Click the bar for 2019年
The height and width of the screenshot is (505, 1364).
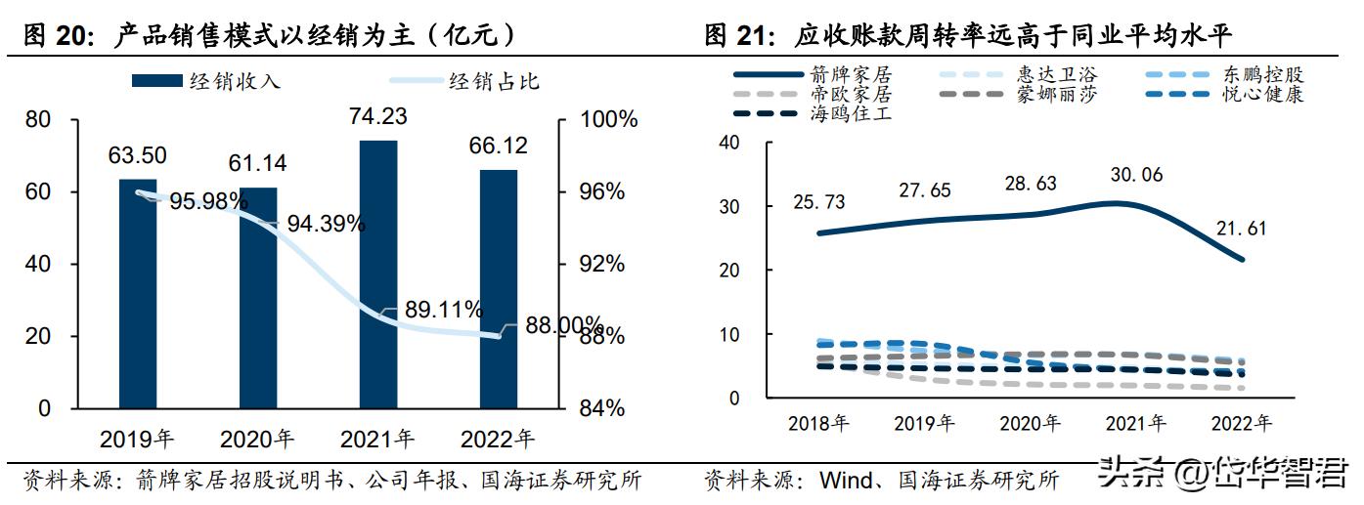point(138,293)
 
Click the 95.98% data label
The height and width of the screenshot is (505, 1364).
point(207,201)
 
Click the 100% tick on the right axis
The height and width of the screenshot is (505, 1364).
point(603,120)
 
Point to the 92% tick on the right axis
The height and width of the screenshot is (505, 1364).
point(597,264)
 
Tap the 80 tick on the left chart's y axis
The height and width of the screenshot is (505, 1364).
point(38,120)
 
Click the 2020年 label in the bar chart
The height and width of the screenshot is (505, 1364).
point(258,439)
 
